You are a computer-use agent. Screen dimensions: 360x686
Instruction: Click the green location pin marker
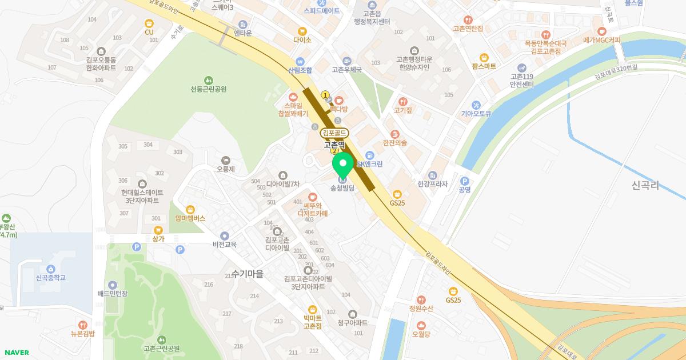(x=343, y=166)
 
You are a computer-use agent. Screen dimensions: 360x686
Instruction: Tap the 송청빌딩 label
(x=342, y=188)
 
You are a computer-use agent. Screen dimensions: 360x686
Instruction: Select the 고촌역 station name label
(x=334, y=145)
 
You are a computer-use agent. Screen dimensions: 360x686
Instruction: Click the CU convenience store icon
(x=149, y=23)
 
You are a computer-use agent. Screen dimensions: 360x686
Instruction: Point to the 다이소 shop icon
(x=302, y=31)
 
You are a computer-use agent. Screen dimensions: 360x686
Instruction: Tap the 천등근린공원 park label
(x=209, y=89)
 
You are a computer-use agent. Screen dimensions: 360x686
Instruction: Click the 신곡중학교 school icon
(x=51, y=269)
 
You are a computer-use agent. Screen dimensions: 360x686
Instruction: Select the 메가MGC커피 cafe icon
(x=601, y=31)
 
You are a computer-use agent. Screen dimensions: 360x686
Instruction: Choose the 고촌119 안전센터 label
(x=521, y=81)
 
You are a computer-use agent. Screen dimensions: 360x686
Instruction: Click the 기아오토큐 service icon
(x=476, y=105)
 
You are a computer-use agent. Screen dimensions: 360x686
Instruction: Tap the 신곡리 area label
(x=646, y=185)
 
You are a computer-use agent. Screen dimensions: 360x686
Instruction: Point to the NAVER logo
(x=16, y=353)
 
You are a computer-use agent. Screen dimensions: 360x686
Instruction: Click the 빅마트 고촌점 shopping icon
(x=313, y=310)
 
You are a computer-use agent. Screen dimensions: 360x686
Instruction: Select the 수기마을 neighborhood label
(x=248, y=274)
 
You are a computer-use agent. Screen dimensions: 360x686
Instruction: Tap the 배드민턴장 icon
(x=113, y=285)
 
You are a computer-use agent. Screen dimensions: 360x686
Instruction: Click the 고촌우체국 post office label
(x=347, y=70)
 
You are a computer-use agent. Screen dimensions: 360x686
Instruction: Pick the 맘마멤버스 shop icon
(x=190, y=210)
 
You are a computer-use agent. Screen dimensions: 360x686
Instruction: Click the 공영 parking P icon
(x=464, y=181)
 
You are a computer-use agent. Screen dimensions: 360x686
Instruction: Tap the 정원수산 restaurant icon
(x=421, y=300)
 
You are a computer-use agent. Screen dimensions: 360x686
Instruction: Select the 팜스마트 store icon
(x=484, y=57)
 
